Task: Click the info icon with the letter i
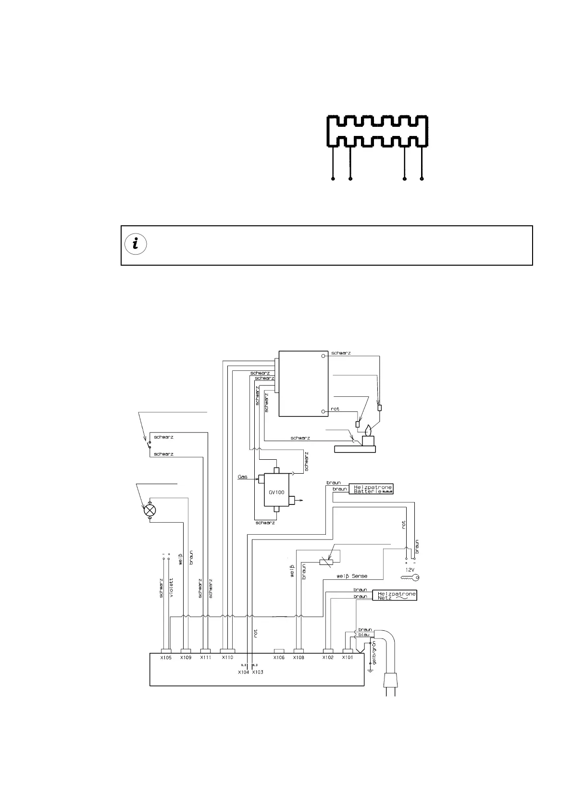click(135, 244)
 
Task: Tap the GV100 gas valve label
click(276, 492)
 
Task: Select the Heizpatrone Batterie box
click(373, 489)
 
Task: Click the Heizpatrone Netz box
click(394, 596)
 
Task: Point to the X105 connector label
click(166, 657)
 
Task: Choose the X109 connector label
click(186, 657)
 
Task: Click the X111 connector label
click(206, 657)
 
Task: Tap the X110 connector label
click(227, 657)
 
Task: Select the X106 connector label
click(279, 657)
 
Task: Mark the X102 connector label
click(328, 657)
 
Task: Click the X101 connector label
click(348, 657)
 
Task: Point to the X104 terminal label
click(243, 672)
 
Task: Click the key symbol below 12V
click(410, 578)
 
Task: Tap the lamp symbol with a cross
click(150, 510)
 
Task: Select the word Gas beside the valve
click(243, 477)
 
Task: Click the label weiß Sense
click(352, 576)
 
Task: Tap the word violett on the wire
click(172, 587)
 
